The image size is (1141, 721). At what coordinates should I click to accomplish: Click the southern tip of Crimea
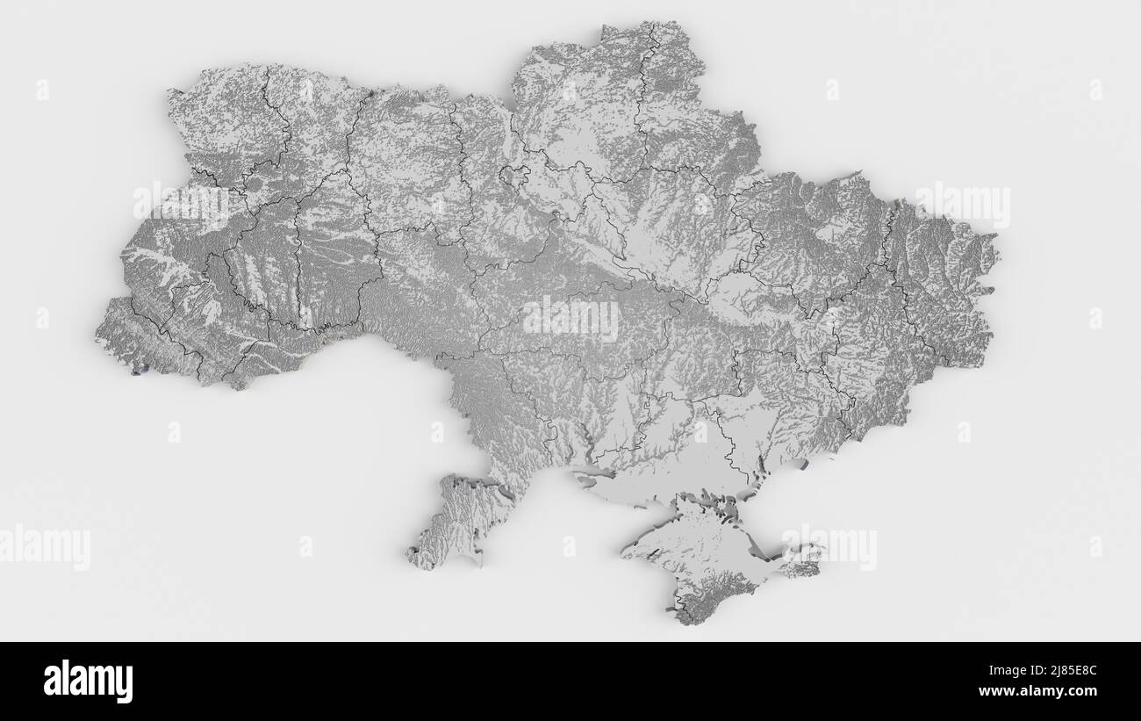[x=689, y=615]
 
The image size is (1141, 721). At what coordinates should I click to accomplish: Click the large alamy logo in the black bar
[x=89, y=681]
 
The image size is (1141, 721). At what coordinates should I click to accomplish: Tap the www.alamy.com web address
[x=1046, y=691]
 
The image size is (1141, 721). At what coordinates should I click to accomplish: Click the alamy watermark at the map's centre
[x=570, y=318]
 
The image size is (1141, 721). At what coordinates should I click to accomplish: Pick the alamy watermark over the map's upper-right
[x=962, y=205]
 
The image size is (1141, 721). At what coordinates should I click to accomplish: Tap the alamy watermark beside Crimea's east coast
[x=829, y=548]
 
